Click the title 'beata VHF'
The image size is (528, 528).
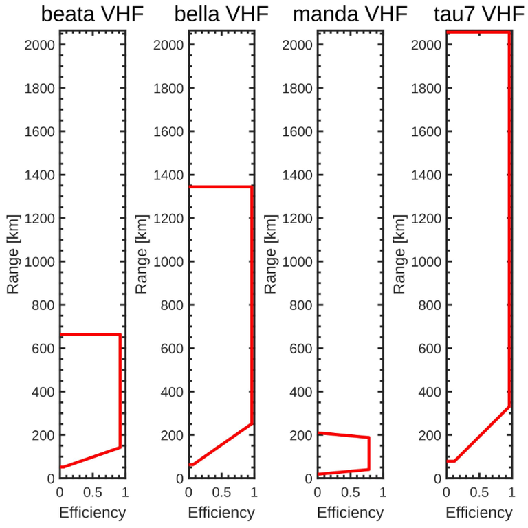[92, 15]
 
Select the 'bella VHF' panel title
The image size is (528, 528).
[221, 15]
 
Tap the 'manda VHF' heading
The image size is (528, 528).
[349, 15]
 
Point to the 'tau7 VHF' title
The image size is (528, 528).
[478, 15]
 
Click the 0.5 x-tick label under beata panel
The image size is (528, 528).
[93, 493]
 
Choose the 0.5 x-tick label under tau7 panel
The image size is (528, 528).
[479, 493]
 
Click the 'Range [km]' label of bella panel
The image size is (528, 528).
[142, 261]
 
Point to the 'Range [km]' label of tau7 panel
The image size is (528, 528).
[399, 261]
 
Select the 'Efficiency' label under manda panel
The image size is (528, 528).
[350, 513]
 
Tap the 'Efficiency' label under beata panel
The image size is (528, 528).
[93, 513]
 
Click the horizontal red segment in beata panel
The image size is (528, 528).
[90, 335]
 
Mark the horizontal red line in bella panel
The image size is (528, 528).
[220, 186]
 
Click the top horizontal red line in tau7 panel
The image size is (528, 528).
[478, 32]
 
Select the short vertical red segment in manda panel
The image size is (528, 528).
[369, 453]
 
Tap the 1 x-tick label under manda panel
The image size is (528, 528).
[383, 493]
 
